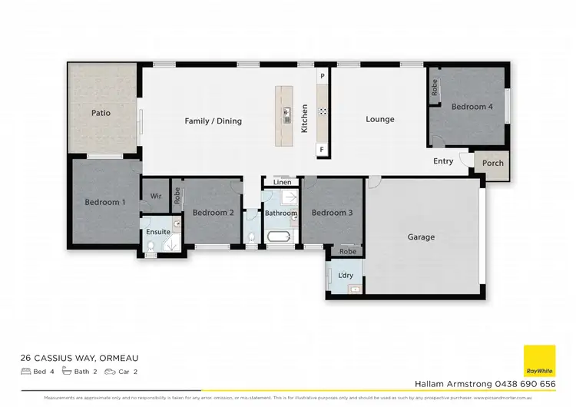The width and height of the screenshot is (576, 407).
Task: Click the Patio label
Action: (101, 113)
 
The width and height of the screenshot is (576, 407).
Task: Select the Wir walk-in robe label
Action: (156, 197)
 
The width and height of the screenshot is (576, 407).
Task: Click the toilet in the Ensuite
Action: (152, 245)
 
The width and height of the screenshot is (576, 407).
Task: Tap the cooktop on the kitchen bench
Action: (323, 111)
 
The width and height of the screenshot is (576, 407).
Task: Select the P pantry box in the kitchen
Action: (323, 77)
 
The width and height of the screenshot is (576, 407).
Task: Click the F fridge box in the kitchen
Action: (323, 148)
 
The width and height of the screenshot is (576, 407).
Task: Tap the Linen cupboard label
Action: (282, 183)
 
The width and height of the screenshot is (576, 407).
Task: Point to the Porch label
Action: (492, 163)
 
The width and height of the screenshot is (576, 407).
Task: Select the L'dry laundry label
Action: (345, 275)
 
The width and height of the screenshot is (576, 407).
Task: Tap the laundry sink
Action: (354, 289)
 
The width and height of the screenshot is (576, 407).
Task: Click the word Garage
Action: (421, 237)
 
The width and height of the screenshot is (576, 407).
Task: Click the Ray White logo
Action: (539, 361)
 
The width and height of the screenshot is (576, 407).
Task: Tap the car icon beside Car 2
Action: (110, 372)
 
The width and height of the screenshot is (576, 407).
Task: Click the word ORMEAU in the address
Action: (118, 358)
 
